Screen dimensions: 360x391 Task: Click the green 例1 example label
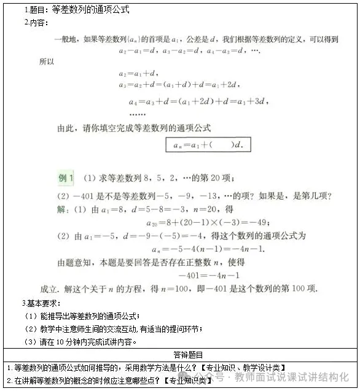tap(66, 179)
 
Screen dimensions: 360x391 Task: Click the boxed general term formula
tap(208, 145)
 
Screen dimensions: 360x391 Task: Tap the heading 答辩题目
tap(180, 355)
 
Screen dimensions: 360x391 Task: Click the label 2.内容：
tap(36, 23)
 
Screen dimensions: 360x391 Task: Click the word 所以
tap(47, 62)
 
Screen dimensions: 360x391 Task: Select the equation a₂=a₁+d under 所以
tap(139, 74)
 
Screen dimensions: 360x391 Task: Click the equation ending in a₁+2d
tap(178, 85)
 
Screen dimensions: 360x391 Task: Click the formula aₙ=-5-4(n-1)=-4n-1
tap(208, 249)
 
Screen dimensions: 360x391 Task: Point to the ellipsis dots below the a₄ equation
tap(137, 114)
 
